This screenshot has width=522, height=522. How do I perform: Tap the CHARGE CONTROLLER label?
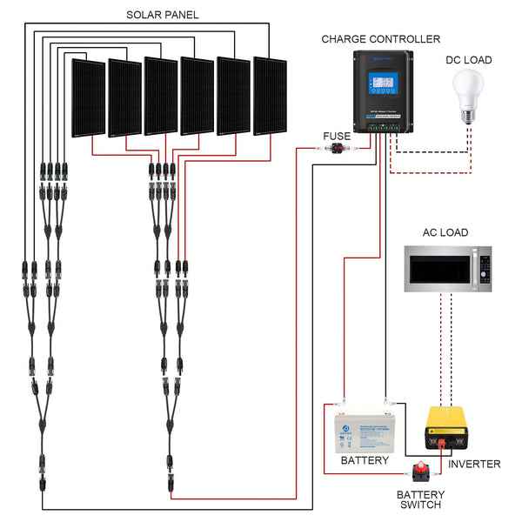pyautogui.click(x=381, y=39)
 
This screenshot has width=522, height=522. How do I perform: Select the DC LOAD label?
pyautogui.click(x=468, y=60)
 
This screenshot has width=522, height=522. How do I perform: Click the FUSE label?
pyautogui.click(x=337, y=136)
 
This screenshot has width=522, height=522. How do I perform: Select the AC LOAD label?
pyautogui.click(x=445, y=232)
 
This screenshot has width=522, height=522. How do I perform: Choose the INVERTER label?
pyautogui.click(x=474, y=464)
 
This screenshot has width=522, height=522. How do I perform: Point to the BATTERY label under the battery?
pyautogui.click(x=365, y=460)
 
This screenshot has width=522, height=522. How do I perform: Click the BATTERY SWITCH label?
pyautogui.click(x=419, y=499)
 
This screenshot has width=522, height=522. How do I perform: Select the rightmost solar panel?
pyautogui.click(x=269, y=95)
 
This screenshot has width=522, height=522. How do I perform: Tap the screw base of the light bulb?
pyautogui.click(x=469, y=116)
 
